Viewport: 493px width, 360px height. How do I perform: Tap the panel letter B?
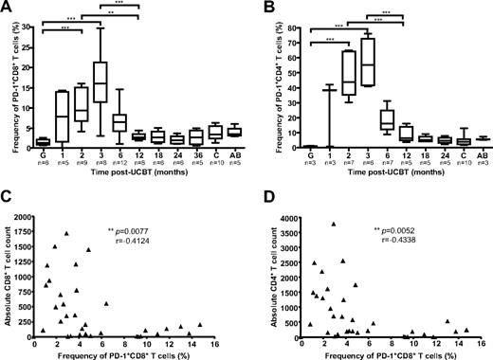tap(257, 9)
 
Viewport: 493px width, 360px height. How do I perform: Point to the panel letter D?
tap(258, 194)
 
